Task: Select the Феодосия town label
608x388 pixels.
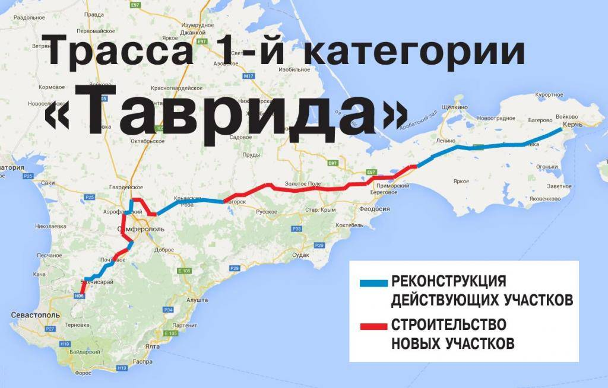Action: (375, 209)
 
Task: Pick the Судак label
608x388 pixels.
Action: (302, 255)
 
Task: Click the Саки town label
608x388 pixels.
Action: (49, 183)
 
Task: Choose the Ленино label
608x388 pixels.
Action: (445, 141)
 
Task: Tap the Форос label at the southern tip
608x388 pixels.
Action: (84, 373)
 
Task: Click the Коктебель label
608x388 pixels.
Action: (349, 225)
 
